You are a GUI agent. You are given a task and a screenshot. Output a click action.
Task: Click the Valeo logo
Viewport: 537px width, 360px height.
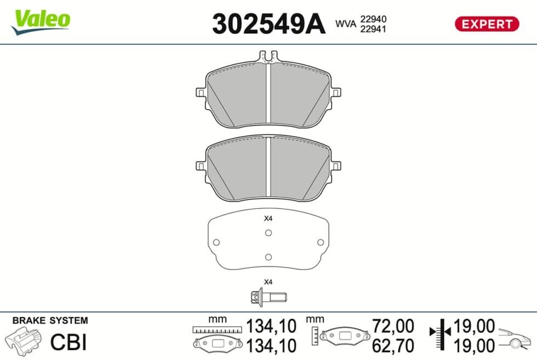(x=41, y=22)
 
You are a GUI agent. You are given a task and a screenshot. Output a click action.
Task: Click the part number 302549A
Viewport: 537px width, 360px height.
(x=268, y=24)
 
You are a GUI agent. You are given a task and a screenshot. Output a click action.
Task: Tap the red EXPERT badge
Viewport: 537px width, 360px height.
(x=487, y=24)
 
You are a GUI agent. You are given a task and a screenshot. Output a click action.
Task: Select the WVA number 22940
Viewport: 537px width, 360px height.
(x=373, y=19)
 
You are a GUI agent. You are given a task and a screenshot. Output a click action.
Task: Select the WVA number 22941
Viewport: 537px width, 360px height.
(x=373, y=29)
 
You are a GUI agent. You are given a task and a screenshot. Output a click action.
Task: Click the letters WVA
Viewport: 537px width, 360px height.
(x=346, y=24)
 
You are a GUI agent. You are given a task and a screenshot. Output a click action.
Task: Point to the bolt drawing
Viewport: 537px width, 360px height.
(x=268, y=297)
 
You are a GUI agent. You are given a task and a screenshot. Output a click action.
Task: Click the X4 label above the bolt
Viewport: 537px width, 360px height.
(x=268, y=282)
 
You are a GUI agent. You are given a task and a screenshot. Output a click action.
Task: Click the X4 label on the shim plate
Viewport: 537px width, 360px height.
(x=268, y=218)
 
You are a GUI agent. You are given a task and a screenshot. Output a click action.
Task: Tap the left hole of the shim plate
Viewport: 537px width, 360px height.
(x=216, y=243)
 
